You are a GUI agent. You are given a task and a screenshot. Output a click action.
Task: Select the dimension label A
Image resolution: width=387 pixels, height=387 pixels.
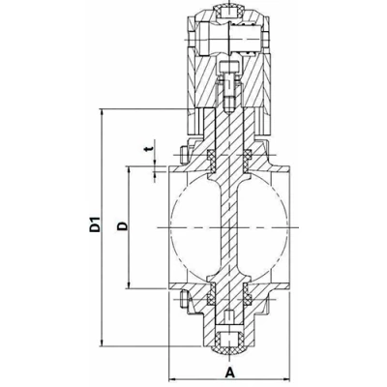229,371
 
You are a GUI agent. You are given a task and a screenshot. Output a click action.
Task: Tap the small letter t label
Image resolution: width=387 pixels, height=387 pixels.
146,150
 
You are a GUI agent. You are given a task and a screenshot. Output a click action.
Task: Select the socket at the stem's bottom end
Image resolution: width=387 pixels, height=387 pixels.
229,341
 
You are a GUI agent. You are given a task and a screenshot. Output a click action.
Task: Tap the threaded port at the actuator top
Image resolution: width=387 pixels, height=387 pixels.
229,13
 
